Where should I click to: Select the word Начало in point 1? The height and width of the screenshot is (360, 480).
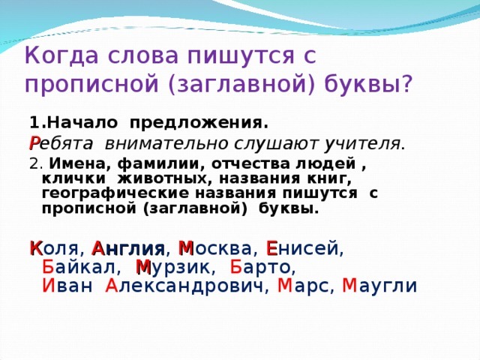click(x=82, y=123)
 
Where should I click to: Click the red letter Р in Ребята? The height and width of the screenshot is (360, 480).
click(x=34, y=143)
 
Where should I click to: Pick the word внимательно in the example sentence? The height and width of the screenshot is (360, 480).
click(x=166, y=143)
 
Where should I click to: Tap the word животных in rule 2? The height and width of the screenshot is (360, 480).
click(x=162, y=178)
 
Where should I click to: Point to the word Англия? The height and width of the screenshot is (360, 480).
click(x=128, y=248)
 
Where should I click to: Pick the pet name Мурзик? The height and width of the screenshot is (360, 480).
click(x=173, y=267)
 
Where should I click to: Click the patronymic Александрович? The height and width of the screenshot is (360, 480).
click(x=184, y=286)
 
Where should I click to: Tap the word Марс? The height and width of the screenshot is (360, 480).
click(x=303, y=286)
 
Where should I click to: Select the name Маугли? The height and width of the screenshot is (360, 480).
click(x=379, y=286)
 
